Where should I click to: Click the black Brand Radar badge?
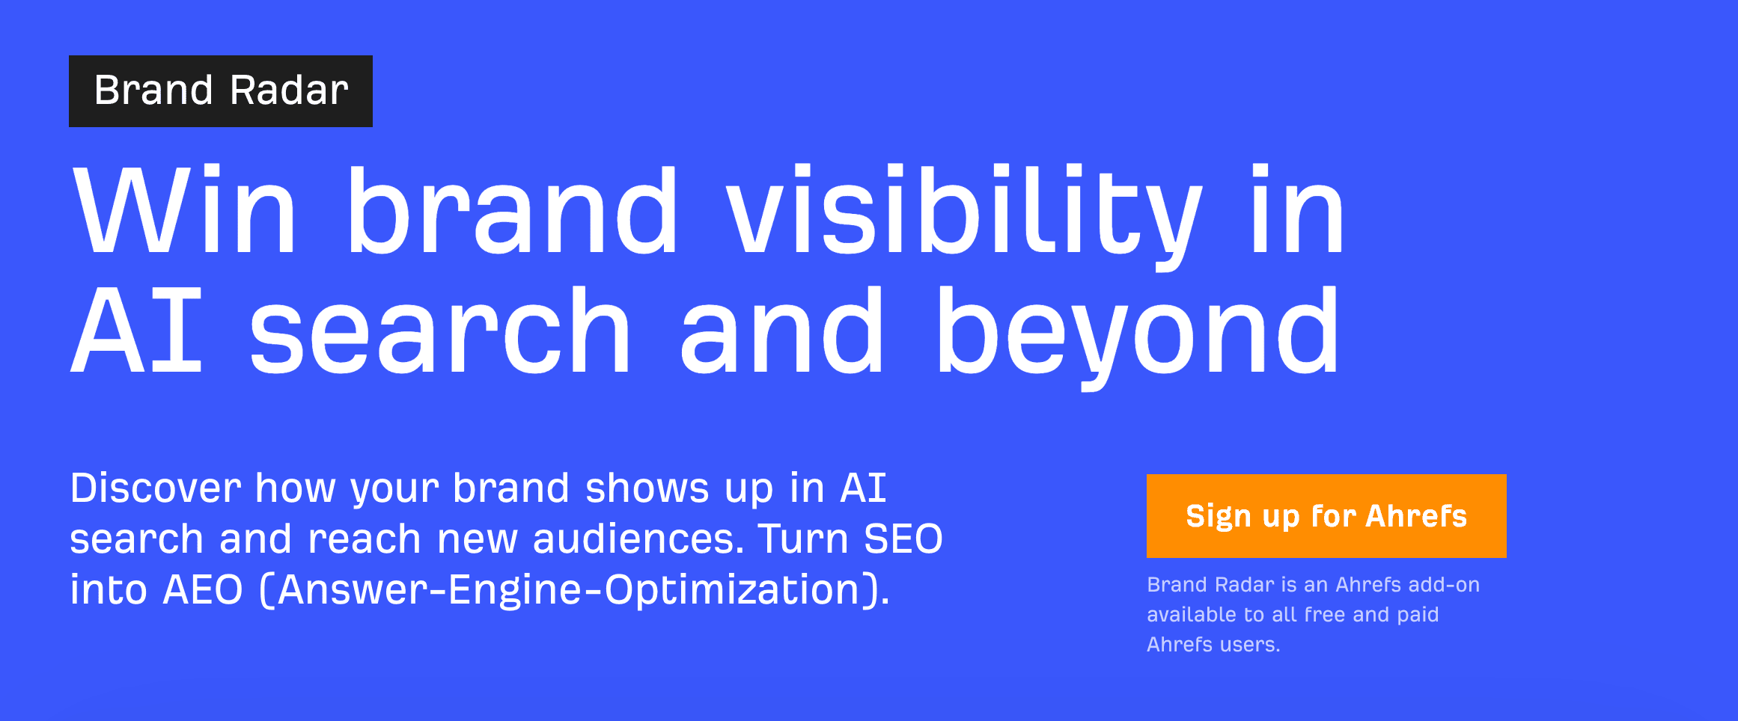click(x=221, y=91)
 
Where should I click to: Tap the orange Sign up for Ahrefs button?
click(x=1326, y=516)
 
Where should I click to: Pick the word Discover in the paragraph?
click(x=156, y=488)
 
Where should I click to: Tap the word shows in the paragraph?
click(x=647, y=488)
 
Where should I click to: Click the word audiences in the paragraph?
click(x=638, y=539)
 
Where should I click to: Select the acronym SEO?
click(x=903, y=539)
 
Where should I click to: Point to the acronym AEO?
click(x=203, y=590)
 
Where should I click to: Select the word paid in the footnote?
click(x=1418, y=616)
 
